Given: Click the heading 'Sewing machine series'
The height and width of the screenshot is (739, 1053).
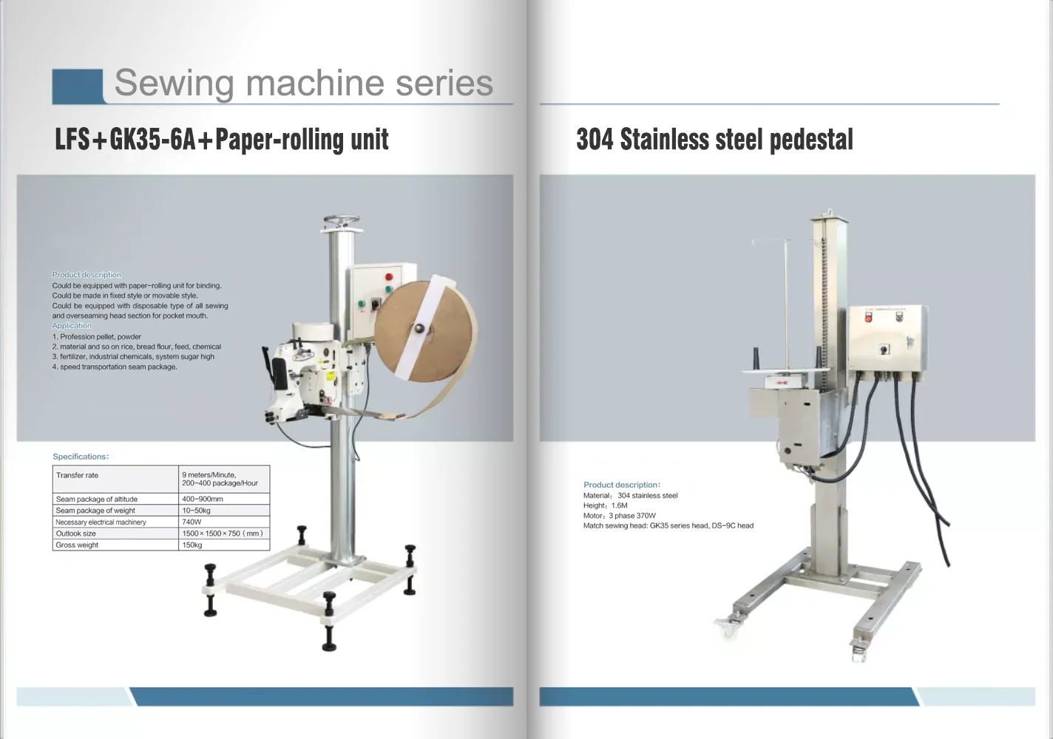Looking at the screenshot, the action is (303, 83).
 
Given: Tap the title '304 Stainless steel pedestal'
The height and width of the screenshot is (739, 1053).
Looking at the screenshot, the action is (714, 140).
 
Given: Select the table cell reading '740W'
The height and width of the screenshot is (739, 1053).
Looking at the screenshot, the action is (192, 522).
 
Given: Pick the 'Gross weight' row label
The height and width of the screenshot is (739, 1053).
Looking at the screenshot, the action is (77, 545).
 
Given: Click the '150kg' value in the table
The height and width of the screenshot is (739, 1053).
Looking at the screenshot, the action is (192, 545).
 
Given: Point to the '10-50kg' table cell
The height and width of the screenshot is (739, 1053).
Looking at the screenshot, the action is (196, 511).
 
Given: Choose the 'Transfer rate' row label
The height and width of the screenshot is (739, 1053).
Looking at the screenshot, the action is (77, 475).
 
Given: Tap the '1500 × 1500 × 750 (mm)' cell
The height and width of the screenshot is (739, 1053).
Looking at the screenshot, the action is (222, 534).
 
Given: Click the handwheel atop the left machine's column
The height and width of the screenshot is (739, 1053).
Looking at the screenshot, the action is (341, 221).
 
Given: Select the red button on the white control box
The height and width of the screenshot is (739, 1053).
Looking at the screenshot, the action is (388, 277).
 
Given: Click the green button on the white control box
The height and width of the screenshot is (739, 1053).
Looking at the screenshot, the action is (362, 303).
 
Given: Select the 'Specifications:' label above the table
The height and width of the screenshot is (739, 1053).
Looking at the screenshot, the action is (81, 457).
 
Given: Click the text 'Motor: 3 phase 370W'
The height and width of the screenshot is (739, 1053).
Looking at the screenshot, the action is (619, 516).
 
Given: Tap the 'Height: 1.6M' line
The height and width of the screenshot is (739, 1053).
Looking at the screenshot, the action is (605, 505).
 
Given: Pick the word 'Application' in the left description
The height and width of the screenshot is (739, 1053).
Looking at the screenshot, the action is (72, 326).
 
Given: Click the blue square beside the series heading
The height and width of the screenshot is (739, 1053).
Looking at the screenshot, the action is (78, 86).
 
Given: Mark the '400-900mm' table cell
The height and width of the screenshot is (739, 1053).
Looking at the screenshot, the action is (202, 499).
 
